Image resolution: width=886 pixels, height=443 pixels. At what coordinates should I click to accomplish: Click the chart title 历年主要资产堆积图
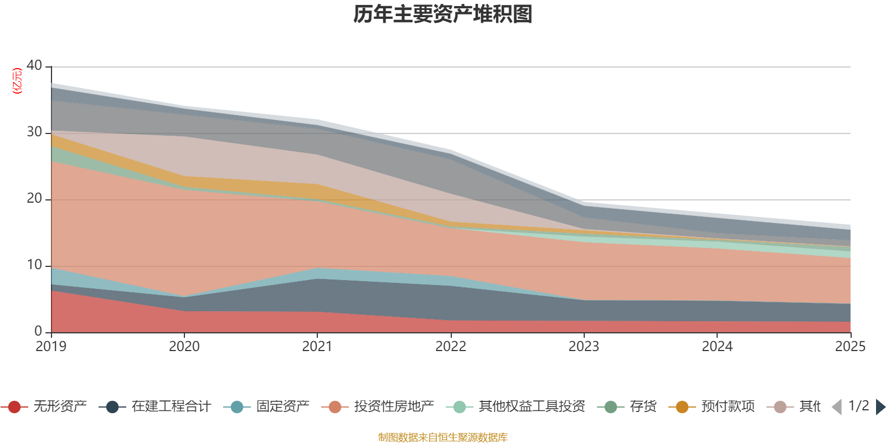click(443, 14)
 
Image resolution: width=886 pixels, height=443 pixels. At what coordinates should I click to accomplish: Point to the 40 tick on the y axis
click(34, 65)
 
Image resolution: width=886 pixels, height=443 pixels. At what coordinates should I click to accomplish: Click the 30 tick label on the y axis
click(34, 132)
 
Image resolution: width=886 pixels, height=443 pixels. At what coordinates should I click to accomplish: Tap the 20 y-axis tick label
click(34, 198)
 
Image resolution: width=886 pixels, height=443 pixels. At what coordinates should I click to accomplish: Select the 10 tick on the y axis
click(34, 265)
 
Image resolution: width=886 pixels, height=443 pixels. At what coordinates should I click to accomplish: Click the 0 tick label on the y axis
click(38, 331)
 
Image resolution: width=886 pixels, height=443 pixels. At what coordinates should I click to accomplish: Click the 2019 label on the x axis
click(51, 347)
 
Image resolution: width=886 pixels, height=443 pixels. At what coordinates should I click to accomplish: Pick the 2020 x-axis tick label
click(184, 347)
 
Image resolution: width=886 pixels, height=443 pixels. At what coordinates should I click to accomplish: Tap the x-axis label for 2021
click(317, 347)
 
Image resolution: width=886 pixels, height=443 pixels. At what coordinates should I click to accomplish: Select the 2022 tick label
click(451, 347)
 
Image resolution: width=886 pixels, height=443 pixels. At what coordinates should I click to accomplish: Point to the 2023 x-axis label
click(584, 347)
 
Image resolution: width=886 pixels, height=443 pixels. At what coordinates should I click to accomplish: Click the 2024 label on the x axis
click(717, 347)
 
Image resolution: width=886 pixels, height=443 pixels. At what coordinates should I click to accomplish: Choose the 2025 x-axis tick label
click(850, 347)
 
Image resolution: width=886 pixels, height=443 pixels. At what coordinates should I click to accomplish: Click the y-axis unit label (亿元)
click(17, 81)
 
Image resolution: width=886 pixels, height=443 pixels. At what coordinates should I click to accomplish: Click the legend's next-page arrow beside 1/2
click(880, 407)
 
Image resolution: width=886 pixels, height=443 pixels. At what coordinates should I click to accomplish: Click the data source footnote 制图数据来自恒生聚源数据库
click(443, 437)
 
